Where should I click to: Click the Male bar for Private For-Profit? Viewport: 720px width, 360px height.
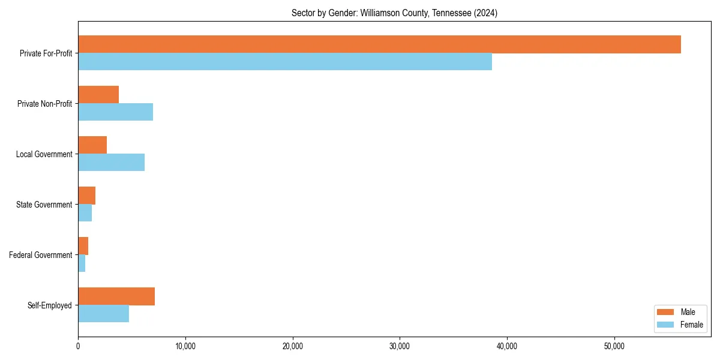click(379, 44)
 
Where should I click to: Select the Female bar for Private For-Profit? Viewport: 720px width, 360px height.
click(285, 62)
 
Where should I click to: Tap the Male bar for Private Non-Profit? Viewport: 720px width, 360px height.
click(98, 95)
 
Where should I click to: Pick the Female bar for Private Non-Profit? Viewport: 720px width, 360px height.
click(115, 112)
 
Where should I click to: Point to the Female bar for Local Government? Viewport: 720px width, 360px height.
click(111, 163)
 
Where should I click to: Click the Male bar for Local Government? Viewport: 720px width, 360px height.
click(92, 145)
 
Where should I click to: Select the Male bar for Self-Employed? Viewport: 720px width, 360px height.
click(116, 296)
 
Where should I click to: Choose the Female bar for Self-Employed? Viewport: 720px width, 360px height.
click(103, 314)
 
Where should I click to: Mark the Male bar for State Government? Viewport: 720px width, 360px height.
click(87, 196)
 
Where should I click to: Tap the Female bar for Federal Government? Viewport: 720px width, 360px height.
click(82, 263)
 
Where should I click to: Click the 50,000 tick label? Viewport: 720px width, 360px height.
click(614, 346)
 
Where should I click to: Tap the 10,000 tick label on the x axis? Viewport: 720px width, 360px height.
click(185, 346)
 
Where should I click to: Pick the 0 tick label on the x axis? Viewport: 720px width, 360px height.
click(78, 346)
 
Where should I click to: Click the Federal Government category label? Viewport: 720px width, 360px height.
click(41, 255)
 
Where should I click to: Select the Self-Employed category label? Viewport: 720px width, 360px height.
click(50, 305)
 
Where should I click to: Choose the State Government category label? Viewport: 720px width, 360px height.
click(44, 205)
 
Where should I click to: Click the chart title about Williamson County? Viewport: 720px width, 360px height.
click(394, 13)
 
